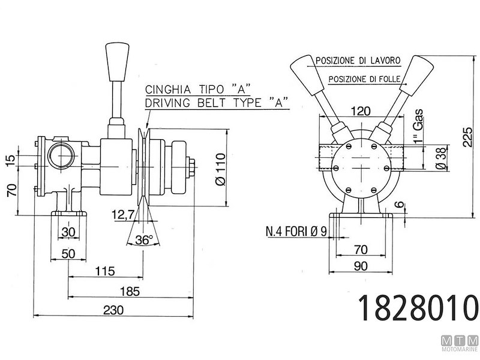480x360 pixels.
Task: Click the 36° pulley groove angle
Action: [143, 239]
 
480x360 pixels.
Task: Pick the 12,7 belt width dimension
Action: [122, 214]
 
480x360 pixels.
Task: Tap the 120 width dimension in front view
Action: [361, 111]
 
